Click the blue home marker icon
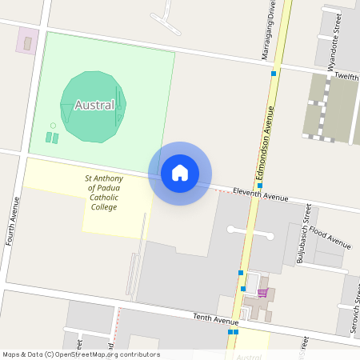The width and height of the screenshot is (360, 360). pos(180,173)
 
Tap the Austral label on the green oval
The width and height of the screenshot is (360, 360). pos(94,105)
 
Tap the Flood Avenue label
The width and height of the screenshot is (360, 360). pos(330,238)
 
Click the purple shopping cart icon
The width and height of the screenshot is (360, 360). pos(262,293)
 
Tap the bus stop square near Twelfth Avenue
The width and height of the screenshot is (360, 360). pos(274,74)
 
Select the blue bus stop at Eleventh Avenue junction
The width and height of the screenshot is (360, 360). pos(259,186)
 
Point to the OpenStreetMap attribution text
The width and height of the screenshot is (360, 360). pos(81,354)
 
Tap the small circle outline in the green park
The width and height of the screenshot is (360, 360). pos(53,126)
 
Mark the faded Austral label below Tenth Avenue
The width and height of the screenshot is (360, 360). pos(250,357)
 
